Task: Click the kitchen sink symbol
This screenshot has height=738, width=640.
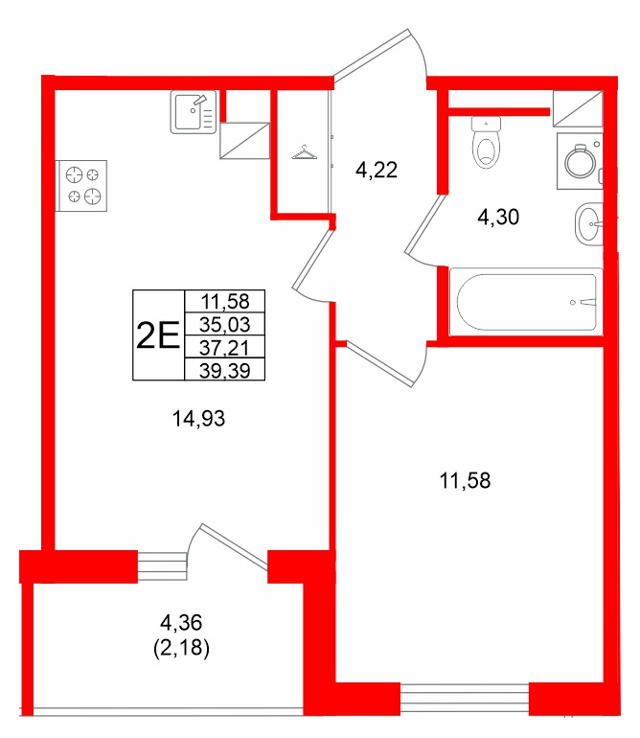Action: [193, 112]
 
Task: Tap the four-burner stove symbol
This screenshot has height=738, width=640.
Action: [81, 185]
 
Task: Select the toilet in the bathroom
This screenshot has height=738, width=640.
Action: [486, 143]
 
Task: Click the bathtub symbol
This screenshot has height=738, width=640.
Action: [526, 302]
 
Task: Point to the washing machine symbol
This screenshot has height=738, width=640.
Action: [580, 161]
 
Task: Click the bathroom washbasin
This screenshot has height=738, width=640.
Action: [588, 224]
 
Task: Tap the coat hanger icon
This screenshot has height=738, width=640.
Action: [304, 152]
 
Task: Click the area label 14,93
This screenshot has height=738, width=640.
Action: [198, 419]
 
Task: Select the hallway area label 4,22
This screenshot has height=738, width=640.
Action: [377, 170]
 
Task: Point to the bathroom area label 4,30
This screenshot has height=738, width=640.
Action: [498, 217]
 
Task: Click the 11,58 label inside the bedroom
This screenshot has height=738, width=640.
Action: [465, 480]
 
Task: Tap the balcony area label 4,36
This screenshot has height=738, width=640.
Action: [181, 623]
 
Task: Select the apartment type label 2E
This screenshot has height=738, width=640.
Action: [158, 335]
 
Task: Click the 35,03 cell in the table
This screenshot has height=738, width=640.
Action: [224, 324]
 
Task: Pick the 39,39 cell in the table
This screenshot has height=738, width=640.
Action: [224, 370]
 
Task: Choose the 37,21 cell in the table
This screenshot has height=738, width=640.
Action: [224, 348]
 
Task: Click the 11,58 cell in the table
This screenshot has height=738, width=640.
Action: [224, 301]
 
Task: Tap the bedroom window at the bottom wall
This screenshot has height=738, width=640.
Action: [465, 698]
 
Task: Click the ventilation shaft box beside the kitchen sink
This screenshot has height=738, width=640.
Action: [244, 141]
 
